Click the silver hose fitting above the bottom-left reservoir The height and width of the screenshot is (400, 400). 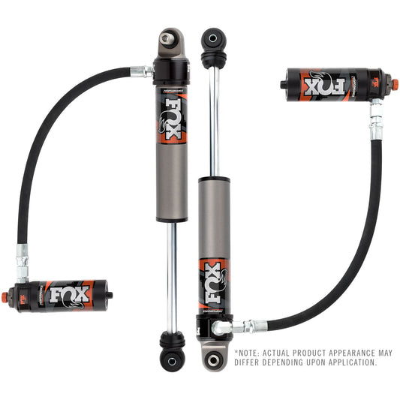coord(23,258)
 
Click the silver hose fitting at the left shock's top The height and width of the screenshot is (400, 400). coord(140,71)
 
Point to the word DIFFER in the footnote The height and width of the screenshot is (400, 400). coord(250,362)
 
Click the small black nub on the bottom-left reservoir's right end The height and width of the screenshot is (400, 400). coord(111,295)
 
